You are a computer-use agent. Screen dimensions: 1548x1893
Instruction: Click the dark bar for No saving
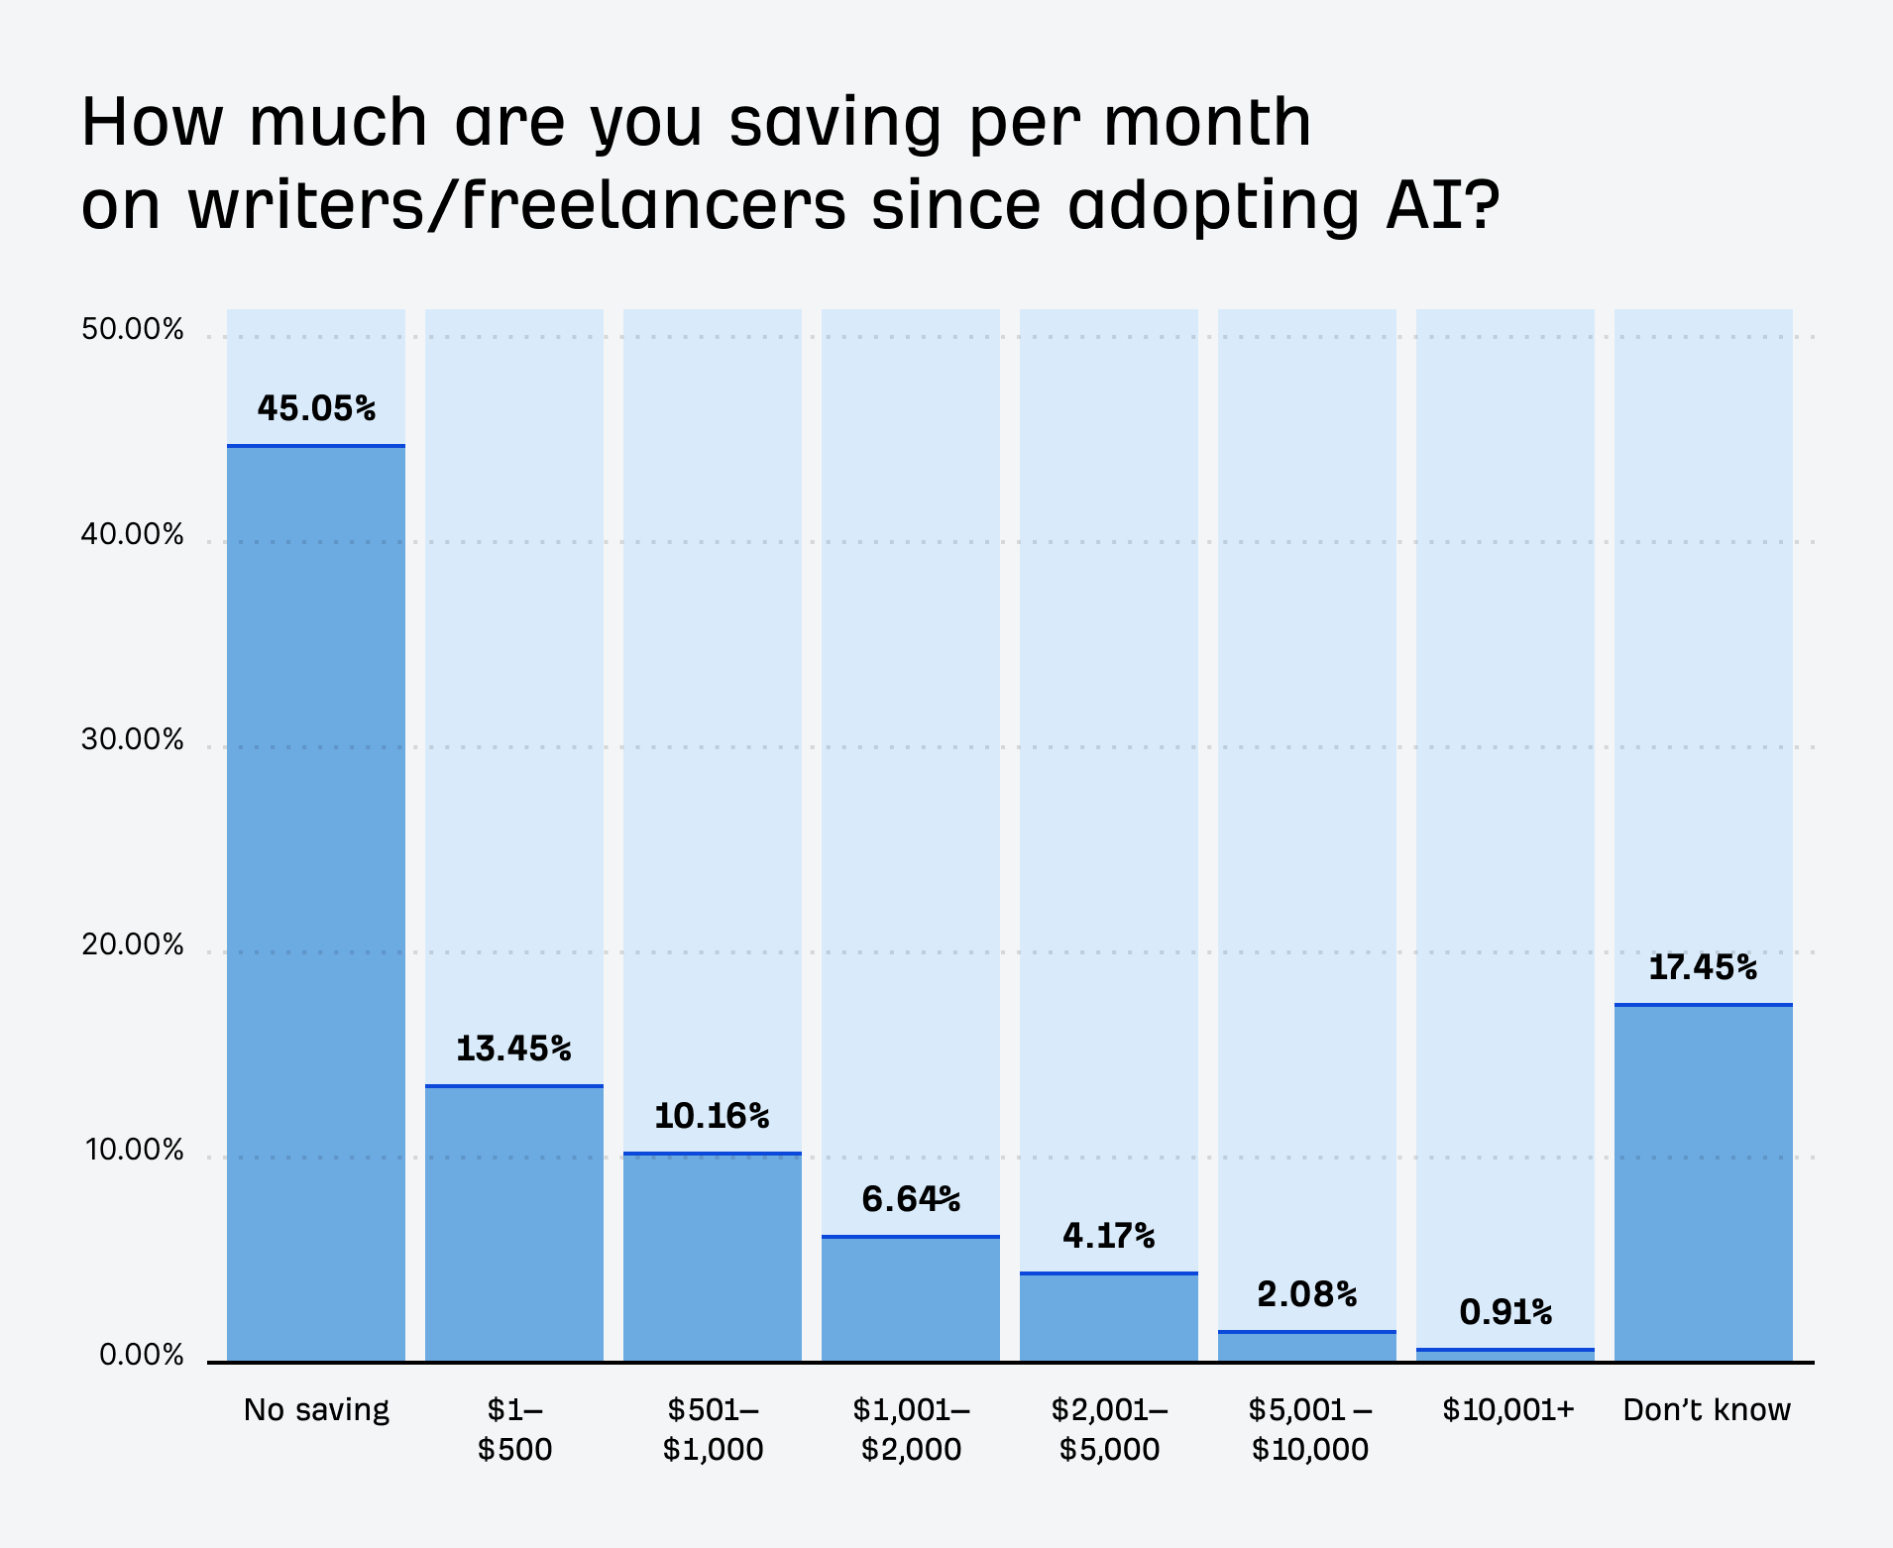point(315,903)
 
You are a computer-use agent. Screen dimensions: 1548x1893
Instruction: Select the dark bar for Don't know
point(1703,1183)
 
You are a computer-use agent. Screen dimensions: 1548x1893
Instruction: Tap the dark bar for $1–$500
point(513,1224)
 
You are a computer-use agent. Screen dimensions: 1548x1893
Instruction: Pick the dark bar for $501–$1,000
point(712,1258)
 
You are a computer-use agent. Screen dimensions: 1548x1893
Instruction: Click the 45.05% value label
point(316,408)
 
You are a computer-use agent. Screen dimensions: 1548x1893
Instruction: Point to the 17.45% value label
point(1703,967)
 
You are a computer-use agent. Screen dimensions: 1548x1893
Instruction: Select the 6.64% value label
point(911,1200)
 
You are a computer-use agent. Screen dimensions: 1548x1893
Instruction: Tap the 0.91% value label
point(1505,1313)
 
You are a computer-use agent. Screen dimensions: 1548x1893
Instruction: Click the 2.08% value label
point(1306,1294)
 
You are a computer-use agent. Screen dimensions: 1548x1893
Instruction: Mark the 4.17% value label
point(1108,1236)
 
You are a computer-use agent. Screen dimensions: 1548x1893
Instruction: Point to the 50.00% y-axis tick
point(133,330)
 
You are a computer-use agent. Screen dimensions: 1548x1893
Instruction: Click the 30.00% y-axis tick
point(133,740)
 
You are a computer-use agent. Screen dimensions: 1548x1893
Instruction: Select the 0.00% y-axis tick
point(141,1356)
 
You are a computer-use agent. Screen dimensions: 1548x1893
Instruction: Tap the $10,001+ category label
point(1507,1410)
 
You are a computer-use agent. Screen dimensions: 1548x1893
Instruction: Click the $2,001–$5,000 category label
point(1109,1429)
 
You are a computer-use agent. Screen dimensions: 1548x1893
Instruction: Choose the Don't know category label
point(1707,1410)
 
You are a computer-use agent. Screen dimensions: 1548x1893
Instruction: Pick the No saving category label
point(316,1410)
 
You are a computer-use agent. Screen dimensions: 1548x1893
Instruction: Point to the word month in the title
point(1207,122)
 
